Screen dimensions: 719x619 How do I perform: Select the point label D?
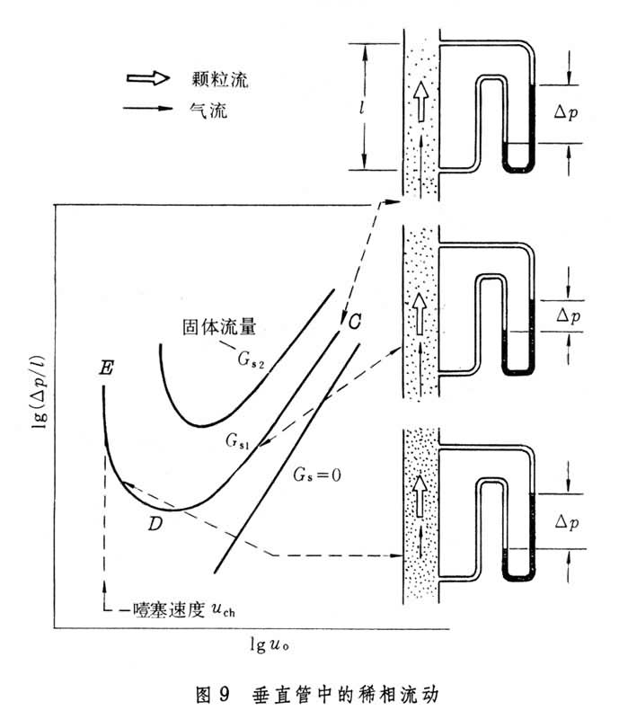(x=155, y=524)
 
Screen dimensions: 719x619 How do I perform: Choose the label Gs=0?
(x=319, y=472)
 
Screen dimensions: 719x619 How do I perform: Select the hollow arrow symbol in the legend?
(x=151, y=80)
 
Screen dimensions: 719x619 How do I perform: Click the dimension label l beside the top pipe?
(x=364, y=109)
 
